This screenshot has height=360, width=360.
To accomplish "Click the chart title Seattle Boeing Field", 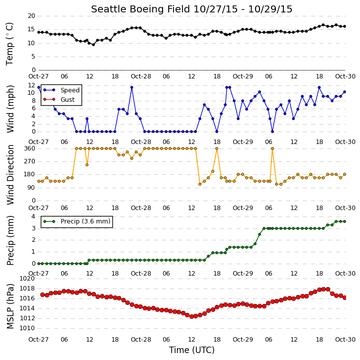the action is (140, 9).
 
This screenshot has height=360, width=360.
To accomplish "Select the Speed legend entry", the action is (61, 90).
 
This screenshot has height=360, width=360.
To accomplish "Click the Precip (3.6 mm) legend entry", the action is (77, 221).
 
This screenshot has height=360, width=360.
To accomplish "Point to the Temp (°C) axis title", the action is (9, 44).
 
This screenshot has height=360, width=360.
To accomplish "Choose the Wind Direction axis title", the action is (10, 175).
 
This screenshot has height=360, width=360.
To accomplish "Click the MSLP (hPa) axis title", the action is (10, 306).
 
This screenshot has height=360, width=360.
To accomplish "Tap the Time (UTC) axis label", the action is (192, 350).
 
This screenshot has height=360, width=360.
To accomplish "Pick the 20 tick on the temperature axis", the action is (31, 16).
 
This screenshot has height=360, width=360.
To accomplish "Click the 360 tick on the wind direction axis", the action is (30, 148).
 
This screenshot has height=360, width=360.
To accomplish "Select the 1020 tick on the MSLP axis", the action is (27, 279).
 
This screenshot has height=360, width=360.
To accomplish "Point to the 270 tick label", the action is (30, 161).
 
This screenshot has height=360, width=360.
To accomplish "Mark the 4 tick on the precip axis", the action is (33, 216).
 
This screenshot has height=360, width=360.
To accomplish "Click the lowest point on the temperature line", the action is (93, 45).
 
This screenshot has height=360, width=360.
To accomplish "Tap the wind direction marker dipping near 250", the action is (87, 165).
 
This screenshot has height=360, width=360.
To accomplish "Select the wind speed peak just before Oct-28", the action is (132, 87).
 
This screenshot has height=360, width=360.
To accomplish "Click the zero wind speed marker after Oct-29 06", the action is (272, 132).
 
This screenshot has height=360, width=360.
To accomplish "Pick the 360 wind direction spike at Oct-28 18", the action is (217, 148).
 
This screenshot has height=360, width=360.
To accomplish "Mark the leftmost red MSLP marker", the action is (43, 294).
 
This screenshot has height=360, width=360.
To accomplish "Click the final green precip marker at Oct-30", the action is (345, 221).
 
